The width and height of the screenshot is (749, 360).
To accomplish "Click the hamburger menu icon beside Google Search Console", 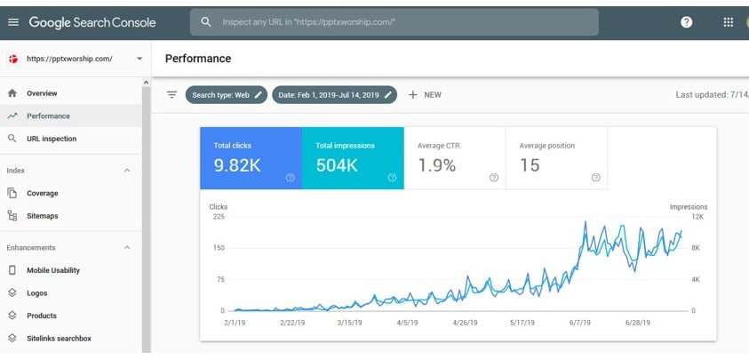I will coord(12,21).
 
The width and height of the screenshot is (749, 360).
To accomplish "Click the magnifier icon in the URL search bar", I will coord(206,22).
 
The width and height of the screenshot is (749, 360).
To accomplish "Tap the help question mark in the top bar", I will coord(686,22).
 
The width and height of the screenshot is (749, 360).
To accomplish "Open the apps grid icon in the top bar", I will coord(729,22).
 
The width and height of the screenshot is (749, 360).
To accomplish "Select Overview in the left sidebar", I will coord(42,93).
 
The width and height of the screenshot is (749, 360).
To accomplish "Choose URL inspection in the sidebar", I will coord(52,139).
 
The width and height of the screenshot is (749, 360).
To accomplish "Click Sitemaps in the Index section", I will coord(43,215).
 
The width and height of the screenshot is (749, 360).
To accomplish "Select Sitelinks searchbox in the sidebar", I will coord(59,338).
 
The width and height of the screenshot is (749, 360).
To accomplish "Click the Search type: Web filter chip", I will coord(227,95).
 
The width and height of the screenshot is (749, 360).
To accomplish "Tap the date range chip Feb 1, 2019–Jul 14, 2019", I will coord(334,95).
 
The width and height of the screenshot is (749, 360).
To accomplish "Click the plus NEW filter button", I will coord(425,95).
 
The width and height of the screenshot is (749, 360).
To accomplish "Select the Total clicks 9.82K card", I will coord(251,158).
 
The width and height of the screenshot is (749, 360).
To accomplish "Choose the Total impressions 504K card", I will coord(353,158).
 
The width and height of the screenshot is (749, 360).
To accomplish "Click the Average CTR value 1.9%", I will coord(437,164).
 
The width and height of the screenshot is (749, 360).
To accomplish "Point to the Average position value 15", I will coord(530,164).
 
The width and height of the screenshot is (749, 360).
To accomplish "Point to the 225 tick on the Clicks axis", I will coord(219,217).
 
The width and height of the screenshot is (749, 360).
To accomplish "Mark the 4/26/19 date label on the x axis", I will coord(463,324).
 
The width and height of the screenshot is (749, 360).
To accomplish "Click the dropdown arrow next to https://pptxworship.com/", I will coord(139,60).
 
